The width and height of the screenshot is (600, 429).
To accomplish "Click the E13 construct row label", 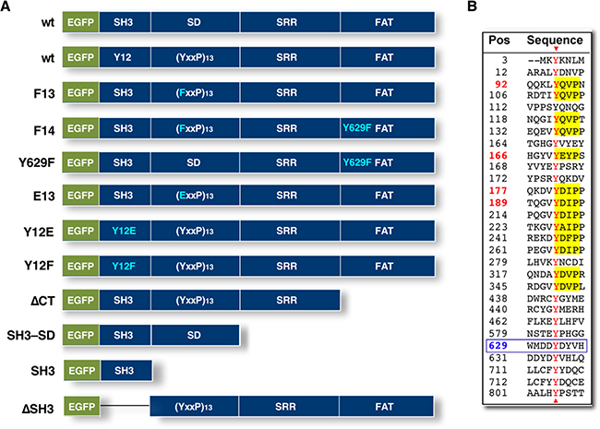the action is [44, 197].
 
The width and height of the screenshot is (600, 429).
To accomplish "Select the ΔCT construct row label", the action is [42, 301].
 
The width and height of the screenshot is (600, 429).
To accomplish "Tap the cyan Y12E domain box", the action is [125, 231].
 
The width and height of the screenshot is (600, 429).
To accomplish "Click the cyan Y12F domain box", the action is [125, 266].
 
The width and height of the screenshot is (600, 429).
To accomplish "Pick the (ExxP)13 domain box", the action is [195, 196].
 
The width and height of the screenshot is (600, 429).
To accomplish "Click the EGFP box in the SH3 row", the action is [82, 371].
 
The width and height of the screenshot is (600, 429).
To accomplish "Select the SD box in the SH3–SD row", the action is [195, 335].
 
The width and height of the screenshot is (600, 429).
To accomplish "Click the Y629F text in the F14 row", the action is [357, 127].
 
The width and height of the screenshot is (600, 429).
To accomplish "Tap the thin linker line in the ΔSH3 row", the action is [125, 406].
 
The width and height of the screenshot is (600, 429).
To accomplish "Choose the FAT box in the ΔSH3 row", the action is [386, 407].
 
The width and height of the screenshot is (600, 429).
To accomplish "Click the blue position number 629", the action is [498, 346].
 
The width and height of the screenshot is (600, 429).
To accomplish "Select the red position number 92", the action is [501, 84].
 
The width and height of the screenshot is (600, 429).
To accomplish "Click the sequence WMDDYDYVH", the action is [555, 346].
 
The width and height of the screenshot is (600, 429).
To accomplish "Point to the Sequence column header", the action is [555, 41].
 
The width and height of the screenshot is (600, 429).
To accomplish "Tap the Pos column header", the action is [499, 41].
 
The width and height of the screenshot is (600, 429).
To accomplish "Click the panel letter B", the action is [473, 6].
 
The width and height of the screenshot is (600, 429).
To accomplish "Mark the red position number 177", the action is [498, 190].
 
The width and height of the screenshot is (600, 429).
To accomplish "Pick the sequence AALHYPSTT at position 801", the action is [555, 393].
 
